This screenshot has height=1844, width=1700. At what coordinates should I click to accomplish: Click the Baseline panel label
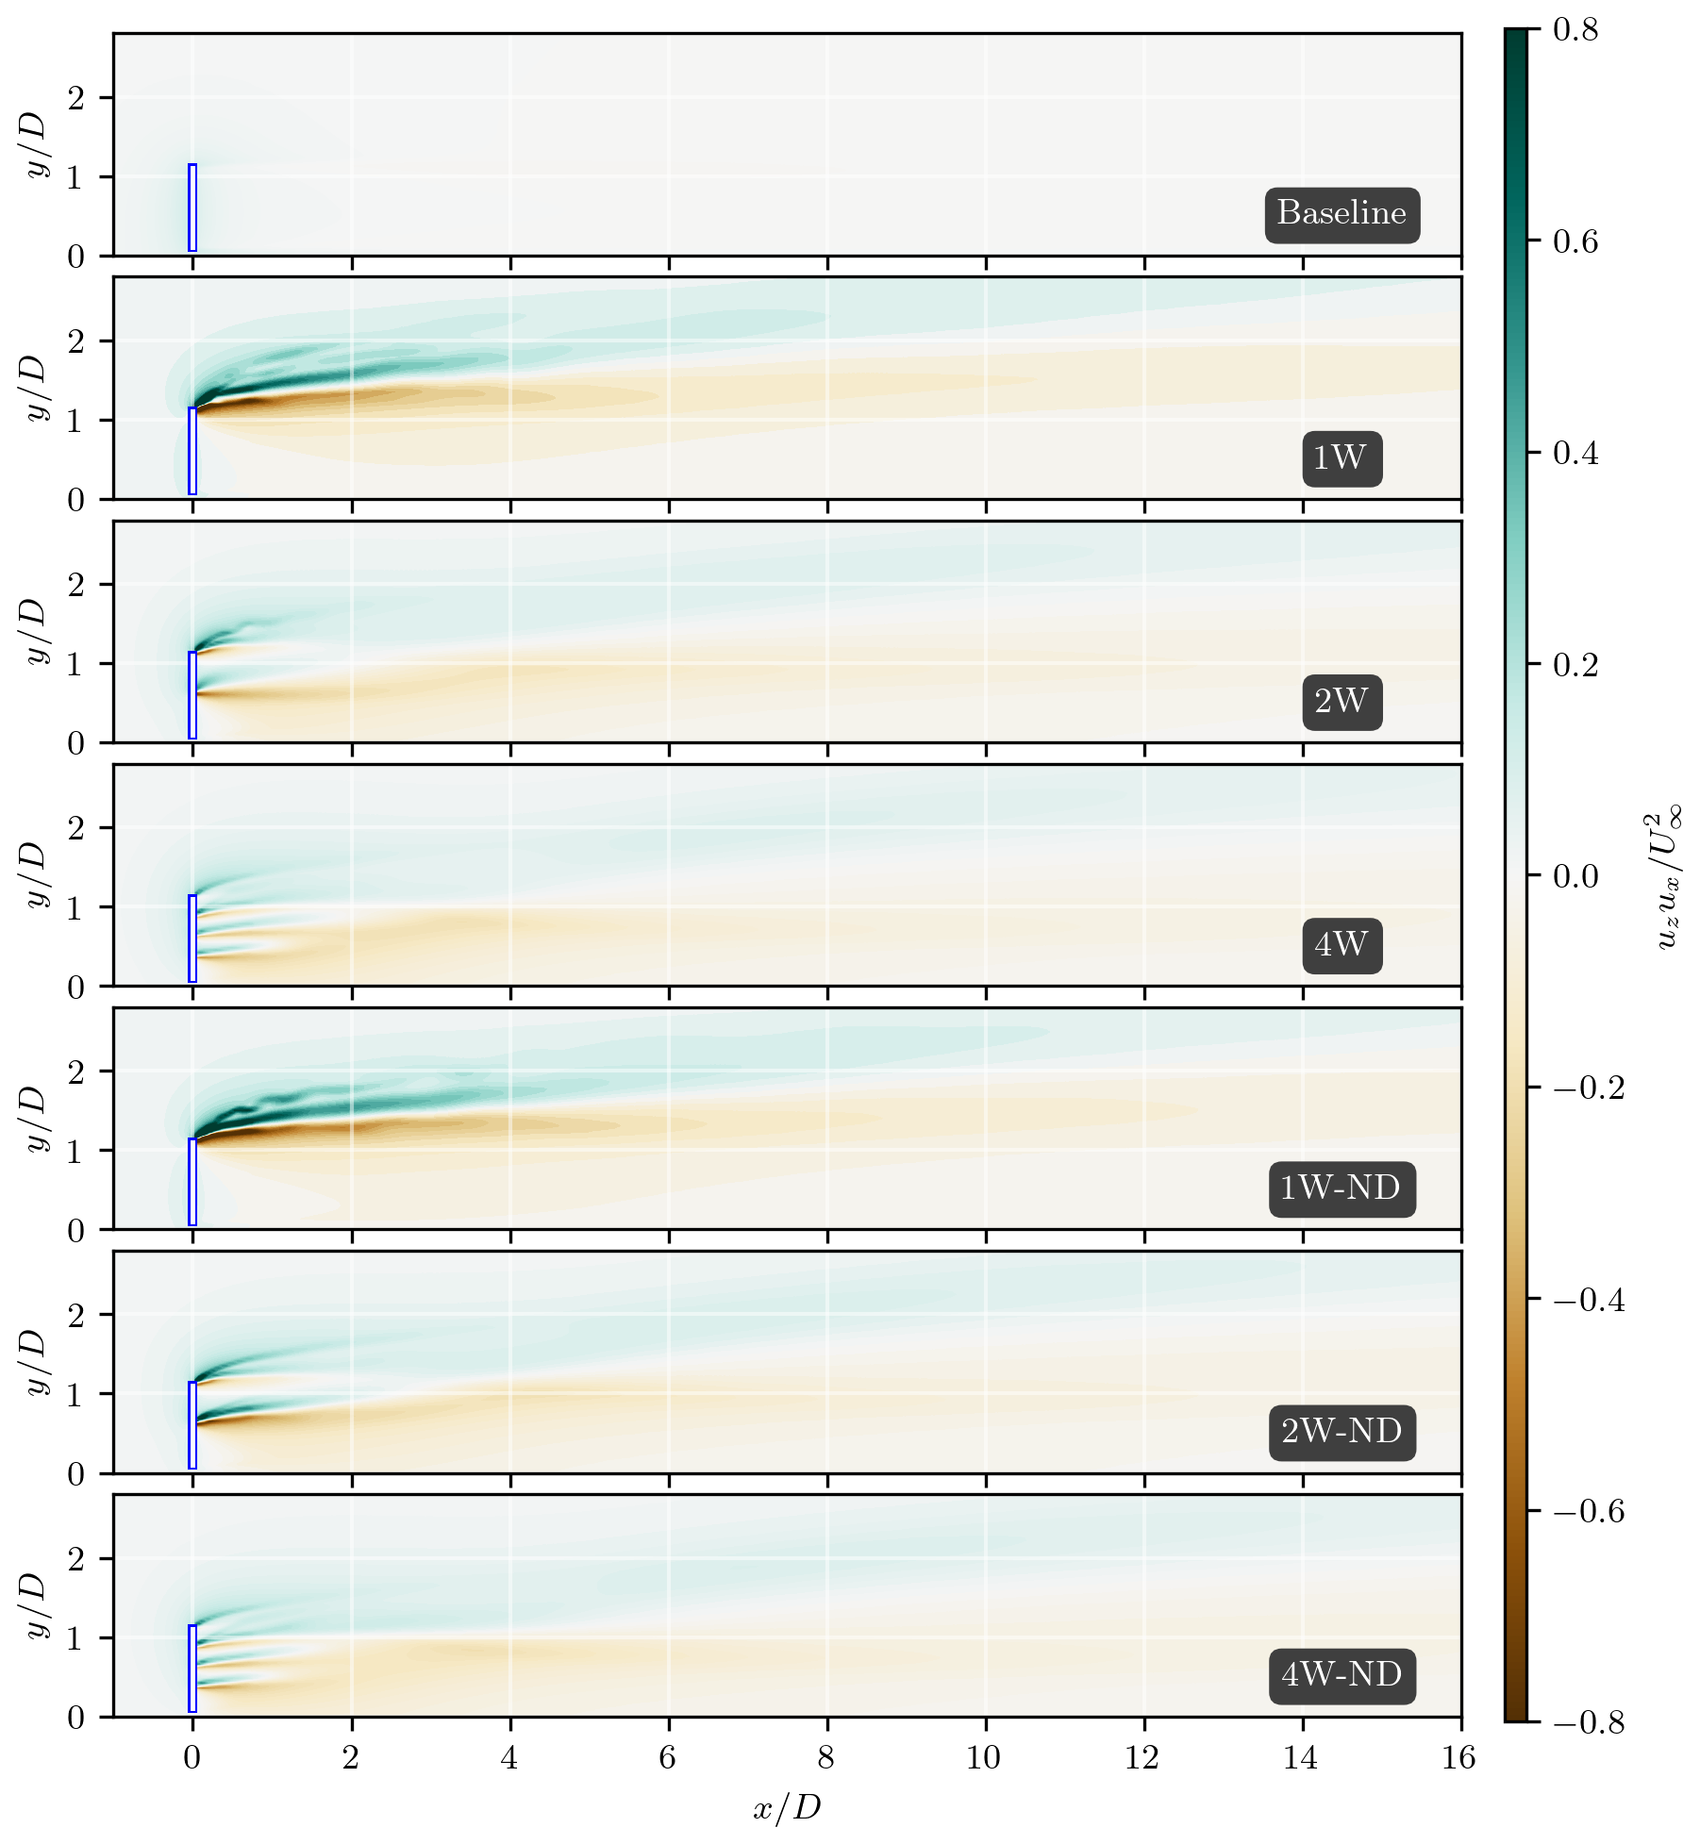[1342, 214]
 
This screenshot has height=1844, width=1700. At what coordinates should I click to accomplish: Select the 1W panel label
[1341, 458]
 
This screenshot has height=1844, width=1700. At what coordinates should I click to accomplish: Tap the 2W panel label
[1341, 702]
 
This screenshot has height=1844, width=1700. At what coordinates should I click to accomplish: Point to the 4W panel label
[1341, 945]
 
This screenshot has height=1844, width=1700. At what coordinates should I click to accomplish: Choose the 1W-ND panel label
[1341, 1188]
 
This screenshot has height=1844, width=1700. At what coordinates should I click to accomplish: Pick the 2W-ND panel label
[1341, 1432]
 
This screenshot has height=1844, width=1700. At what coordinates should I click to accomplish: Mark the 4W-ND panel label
[1341, 1675]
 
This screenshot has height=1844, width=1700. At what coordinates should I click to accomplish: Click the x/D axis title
[787, 1807]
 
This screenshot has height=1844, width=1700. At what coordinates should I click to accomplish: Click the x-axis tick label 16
[1459, 1758]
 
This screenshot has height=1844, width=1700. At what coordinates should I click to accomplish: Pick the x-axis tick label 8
[826, 1758]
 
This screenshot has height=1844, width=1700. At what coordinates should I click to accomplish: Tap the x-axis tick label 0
[192, 1758]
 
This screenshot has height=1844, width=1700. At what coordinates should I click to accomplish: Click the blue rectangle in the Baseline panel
[192, 208]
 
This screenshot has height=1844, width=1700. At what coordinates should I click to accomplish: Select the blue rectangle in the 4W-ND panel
[192, 1669]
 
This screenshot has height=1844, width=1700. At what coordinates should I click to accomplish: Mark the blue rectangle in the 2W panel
[192, 695]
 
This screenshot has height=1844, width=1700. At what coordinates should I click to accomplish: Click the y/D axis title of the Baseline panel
[36, 144]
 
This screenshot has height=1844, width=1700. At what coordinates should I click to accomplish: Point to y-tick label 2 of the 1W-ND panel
[76, 1072]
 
